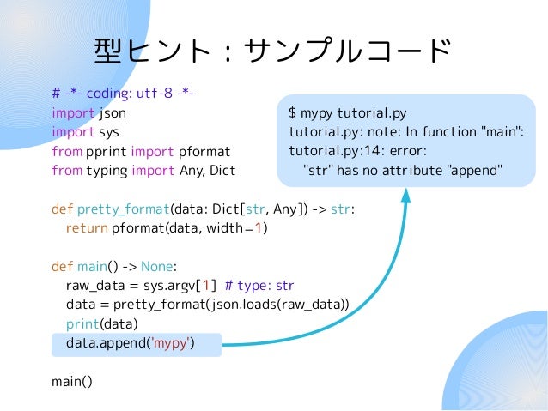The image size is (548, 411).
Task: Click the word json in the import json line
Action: (x=112, y=112)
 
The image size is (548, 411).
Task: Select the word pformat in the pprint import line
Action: (x=204, y=151)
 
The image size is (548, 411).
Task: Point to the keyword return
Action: (x=86, y=228)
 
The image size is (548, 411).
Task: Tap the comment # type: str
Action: (x=259, y=286)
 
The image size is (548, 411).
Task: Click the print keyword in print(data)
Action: (x=82, y=324)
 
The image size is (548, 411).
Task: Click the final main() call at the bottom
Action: (x=71, y=382)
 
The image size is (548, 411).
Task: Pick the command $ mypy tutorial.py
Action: (x=347, y=112)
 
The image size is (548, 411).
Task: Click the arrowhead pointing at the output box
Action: (x=405, y=196)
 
